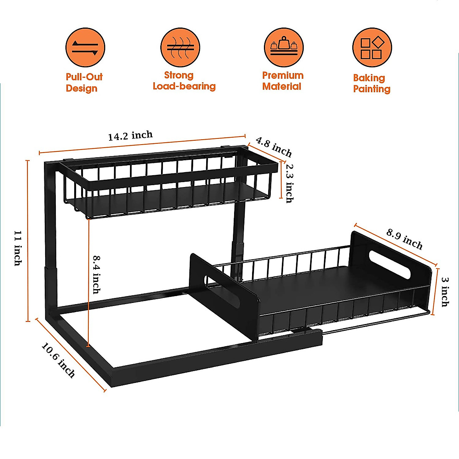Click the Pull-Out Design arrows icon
coord(85,47)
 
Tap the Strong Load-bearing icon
coord(180,47)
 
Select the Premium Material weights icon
coord(283,47)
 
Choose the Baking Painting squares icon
coord(372,48)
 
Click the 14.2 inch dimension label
coord(130,136)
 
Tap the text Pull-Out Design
coord(84,83)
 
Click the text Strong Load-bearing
coord(184,81)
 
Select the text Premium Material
coord(283,81)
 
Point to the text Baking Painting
coord(371,83)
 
